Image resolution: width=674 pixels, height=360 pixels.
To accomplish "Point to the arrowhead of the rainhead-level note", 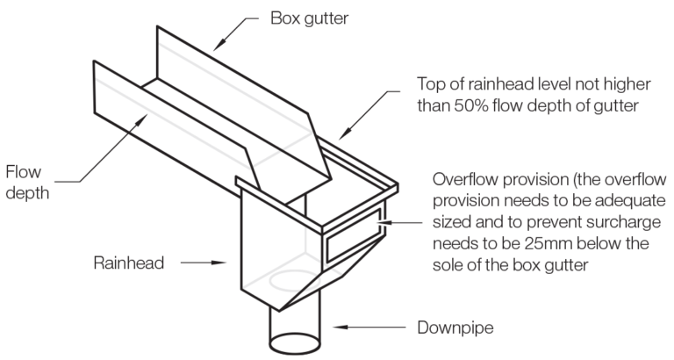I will (340, 137).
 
